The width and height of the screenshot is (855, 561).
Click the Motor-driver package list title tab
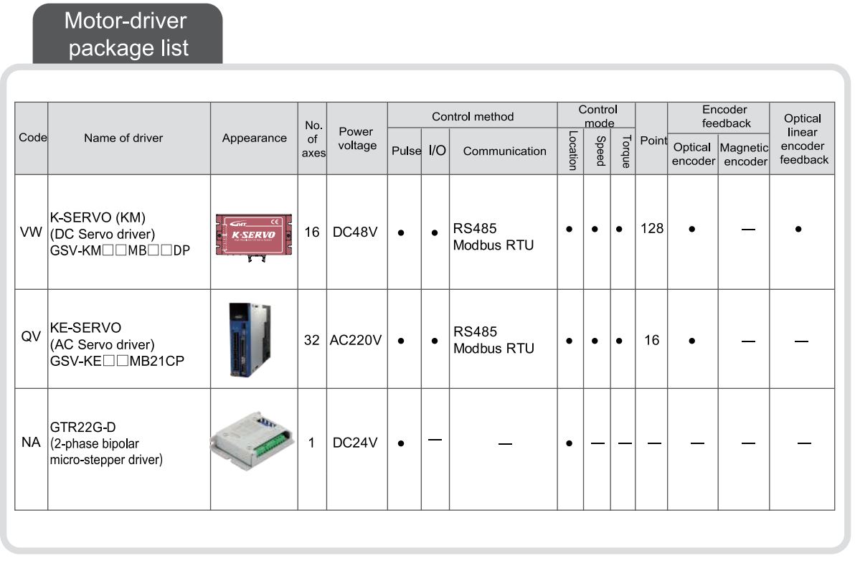(x=127, y=34)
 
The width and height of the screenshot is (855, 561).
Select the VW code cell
(x=31, y=233)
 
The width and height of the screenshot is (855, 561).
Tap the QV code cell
(x=31, y=338)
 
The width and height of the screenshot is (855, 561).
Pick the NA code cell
(x=31, y=443)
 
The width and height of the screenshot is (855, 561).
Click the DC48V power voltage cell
(x=356, y=233)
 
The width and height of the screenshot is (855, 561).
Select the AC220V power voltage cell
(x=356, y=340)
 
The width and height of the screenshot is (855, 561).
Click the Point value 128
(x=651, y=230)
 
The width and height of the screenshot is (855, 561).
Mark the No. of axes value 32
(x=311, y=340)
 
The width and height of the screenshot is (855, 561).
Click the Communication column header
(x=504, y=151)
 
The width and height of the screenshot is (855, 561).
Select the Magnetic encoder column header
(x=744, y=154)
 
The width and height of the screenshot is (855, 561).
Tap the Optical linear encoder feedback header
(x=803, y=138)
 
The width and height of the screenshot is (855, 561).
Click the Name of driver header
(x=123, y=138)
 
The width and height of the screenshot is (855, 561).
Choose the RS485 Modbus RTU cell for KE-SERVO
(x=493, y=340)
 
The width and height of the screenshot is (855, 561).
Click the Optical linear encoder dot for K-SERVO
(x=798, y=230)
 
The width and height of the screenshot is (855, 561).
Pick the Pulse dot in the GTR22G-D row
(x=401, y=443)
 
